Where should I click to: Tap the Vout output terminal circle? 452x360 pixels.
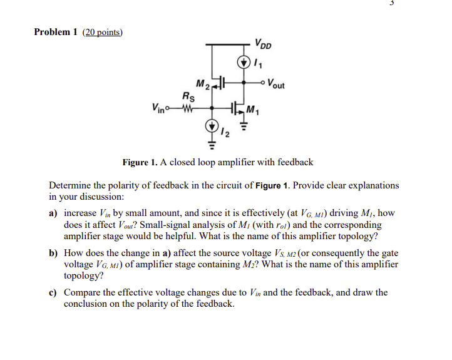coord(264,81)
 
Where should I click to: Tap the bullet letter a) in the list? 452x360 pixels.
coord(54,213)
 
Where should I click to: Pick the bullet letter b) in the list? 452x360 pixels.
coord(54,253)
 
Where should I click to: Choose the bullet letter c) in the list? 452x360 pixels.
coord(54,292)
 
